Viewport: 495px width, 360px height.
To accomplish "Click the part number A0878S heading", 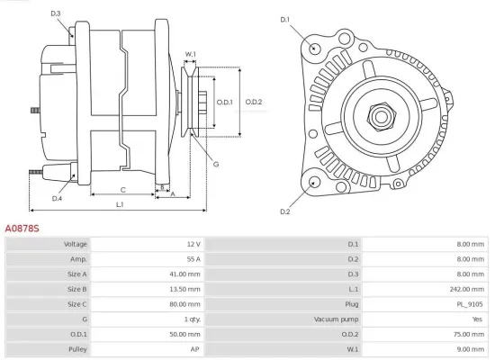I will click(x=22, y=229).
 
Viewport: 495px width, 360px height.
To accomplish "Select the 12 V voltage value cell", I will click(x=193, y=245).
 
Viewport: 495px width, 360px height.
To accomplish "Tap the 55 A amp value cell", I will click(x=193, y=259).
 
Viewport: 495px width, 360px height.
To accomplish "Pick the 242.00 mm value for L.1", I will click(x=467, y=289).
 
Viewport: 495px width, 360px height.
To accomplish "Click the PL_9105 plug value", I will click(x=470, y=304).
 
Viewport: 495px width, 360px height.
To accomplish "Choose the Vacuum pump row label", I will click(x=337, y=319).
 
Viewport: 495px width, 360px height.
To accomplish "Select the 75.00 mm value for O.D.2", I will click(x=469, y=333).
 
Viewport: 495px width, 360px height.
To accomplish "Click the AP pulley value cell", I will click(x=194, y=348).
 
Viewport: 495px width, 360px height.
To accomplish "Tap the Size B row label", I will click(x=76, y=289).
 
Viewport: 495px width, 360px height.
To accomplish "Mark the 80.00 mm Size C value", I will click(x=185, y=304).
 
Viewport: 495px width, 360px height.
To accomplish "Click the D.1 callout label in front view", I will click(x=284, y=19).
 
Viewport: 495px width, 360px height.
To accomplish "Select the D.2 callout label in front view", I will click(x=284, y=211).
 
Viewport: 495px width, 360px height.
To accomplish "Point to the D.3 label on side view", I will click(x=56, y=13).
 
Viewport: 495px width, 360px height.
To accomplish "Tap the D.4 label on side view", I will click(x=57, y=198).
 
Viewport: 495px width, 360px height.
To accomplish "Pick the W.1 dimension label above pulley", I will click(x=191, y=55).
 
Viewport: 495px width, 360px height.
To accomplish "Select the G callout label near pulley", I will click(x=216, y=164).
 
